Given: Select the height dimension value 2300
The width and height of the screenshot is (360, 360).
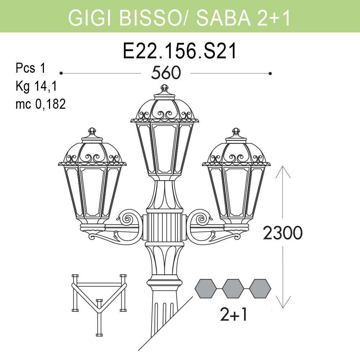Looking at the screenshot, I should pos(283,234).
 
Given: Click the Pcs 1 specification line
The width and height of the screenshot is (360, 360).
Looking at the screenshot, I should pos(31,68).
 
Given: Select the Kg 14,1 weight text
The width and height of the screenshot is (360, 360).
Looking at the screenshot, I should pos(36,86).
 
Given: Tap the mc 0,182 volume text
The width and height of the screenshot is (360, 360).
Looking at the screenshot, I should pos(41,104).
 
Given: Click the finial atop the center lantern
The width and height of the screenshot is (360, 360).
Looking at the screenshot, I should pos(165,88).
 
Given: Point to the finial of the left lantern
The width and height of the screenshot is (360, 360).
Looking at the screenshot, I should pos(92,131).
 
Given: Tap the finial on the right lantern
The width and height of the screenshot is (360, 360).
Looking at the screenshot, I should pos(236,131).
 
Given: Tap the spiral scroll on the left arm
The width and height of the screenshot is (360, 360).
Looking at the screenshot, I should pos(128,219).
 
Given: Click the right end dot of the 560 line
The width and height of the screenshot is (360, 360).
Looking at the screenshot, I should pos(270,73).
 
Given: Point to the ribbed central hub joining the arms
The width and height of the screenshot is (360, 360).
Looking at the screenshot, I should pos(164,228).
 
